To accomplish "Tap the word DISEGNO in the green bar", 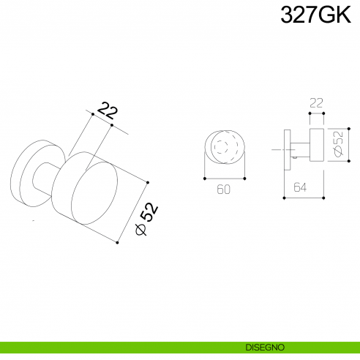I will tap(266, 347).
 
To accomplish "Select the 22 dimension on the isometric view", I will tap(108, 111).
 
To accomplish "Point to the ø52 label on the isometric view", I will tap(147, 219).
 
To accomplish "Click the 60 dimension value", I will tap(224, 189).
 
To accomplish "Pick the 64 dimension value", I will tap(299, 187).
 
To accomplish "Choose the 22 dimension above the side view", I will tap(316, 104).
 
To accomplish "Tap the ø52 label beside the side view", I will tap(339, 144).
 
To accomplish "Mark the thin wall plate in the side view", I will tap(285, 149).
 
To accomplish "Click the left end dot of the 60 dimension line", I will tap(203, 178).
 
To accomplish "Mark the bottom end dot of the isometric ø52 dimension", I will tap(117, 242).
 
